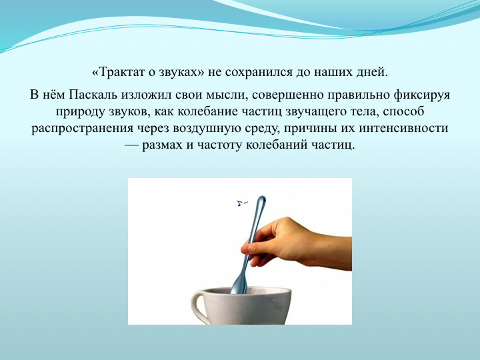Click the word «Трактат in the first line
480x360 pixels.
tap(118, 73)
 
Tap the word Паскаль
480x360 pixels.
tap(93, 95)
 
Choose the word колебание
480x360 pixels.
tap(207, 111)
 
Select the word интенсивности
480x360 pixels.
tap(403, 128)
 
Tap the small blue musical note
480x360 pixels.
tap(241, 203)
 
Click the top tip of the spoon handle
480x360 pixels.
tap(262, 196)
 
